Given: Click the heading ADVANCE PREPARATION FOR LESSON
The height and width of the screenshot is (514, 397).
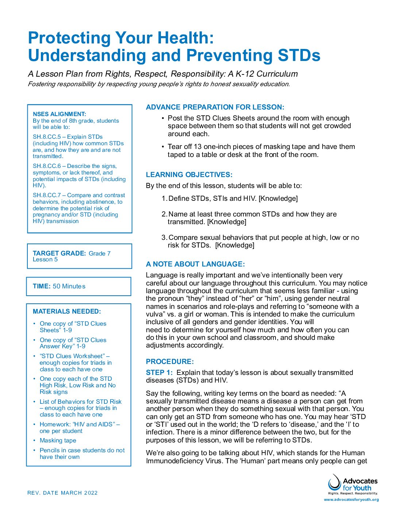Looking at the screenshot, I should (215, 107).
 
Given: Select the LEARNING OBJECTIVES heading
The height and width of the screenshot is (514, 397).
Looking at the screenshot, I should (189, 175).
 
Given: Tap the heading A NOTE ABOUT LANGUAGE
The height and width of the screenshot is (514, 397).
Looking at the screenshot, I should (195, 264).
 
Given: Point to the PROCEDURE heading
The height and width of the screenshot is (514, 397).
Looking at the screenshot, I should (170, 362).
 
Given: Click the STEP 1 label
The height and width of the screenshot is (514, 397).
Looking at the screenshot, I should (159, 373).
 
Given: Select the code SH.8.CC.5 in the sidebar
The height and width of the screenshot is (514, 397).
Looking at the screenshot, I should (47, 137).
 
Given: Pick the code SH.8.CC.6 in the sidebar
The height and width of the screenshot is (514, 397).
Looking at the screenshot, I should (47, 166).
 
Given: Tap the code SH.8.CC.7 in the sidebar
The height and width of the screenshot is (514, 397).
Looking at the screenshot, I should (47, 195).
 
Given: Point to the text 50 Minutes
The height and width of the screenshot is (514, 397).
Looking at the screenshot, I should (69, 286).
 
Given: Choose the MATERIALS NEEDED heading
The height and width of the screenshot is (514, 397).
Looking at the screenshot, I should (67, 311).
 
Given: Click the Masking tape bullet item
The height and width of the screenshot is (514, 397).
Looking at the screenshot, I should (58, 441).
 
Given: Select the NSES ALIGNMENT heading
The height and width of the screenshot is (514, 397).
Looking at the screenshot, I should (59, 114).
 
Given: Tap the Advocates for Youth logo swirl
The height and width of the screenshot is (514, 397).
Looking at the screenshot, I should (334, 483).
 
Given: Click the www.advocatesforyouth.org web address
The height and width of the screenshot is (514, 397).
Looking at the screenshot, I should (351, 500).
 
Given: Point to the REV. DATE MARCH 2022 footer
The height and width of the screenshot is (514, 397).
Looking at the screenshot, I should (62, 493).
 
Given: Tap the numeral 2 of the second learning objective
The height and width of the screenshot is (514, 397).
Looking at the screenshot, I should (164, 214).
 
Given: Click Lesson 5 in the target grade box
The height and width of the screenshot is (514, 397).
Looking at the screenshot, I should (45, 260).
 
